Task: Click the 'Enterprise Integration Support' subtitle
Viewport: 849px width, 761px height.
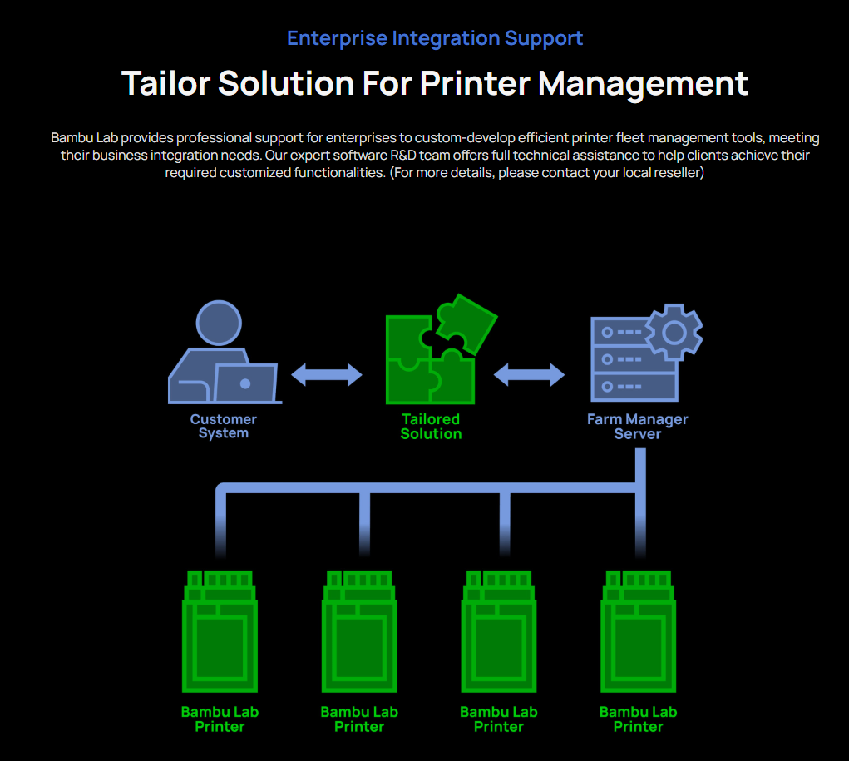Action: coord(434,38)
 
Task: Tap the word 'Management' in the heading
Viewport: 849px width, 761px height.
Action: coord(642,83)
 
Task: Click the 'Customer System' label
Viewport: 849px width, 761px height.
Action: coord(223,426)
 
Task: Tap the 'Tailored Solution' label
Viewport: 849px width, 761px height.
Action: coord(431,426)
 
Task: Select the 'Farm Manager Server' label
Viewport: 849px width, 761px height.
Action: coord(637,426)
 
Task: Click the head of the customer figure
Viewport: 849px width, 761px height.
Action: coord(219,323)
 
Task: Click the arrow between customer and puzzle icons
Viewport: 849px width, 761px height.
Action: coord(326,375)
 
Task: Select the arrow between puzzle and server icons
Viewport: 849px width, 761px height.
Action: coord(529,375)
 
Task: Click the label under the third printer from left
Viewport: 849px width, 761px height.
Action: coord(498,719)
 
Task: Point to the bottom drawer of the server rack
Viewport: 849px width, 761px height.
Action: coord(633,387)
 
